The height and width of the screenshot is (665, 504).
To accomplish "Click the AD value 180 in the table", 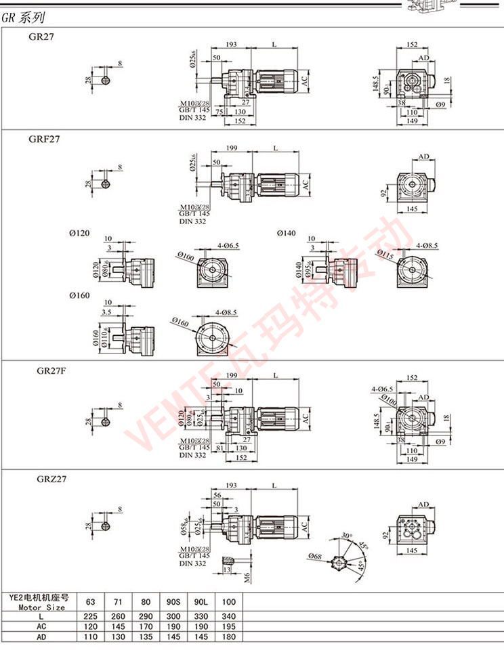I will [x=229, y=637].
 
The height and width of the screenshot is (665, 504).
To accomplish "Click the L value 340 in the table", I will [x=229, y=617].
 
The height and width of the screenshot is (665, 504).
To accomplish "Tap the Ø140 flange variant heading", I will [x=287, y=234].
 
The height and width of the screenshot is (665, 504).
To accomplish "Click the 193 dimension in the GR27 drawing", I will [x=231, y=44].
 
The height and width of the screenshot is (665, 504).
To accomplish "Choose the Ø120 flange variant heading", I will [x=79, y=234].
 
